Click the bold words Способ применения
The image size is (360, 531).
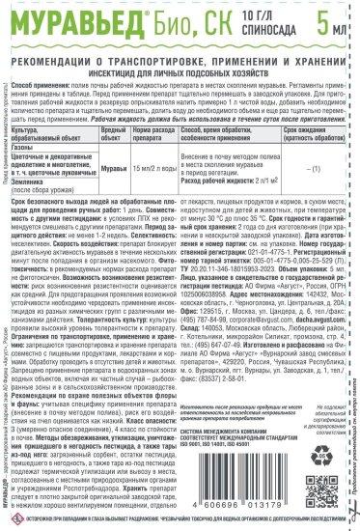(x=48, y=74)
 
